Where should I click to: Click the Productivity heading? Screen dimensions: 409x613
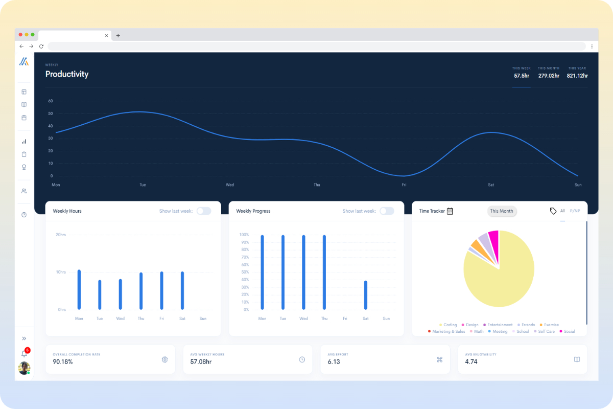click(x=66, y=74)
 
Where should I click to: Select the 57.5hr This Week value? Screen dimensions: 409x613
click(x=521, y=76)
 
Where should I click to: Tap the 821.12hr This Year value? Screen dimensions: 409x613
click(x=577, y=76)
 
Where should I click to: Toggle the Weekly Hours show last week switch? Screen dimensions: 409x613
click(x=204, y=211)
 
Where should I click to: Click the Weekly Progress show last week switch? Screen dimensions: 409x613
click(x=387, y=211)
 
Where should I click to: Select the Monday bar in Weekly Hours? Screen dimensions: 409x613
click(x=79, y=289)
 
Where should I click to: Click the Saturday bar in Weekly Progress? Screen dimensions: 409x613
click(x=366, y=295)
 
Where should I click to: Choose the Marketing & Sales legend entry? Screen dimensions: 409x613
click(x=446, y=331)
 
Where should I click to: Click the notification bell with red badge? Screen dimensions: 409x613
click(x=24, y=353)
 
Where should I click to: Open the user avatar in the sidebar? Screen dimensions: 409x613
click(x=24, y=368)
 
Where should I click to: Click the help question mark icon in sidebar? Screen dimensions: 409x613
click(x=24, y=215)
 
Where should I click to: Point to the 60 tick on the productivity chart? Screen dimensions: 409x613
click(x=51, y=101)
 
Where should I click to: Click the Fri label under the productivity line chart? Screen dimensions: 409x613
click(x=404, y=185)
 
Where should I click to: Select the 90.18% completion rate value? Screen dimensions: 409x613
click(x=63, y=361)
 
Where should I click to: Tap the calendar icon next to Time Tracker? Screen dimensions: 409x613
click(x=450, y=211)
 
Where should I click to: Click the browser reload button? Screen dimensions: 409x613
click(x=41, y=46)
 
